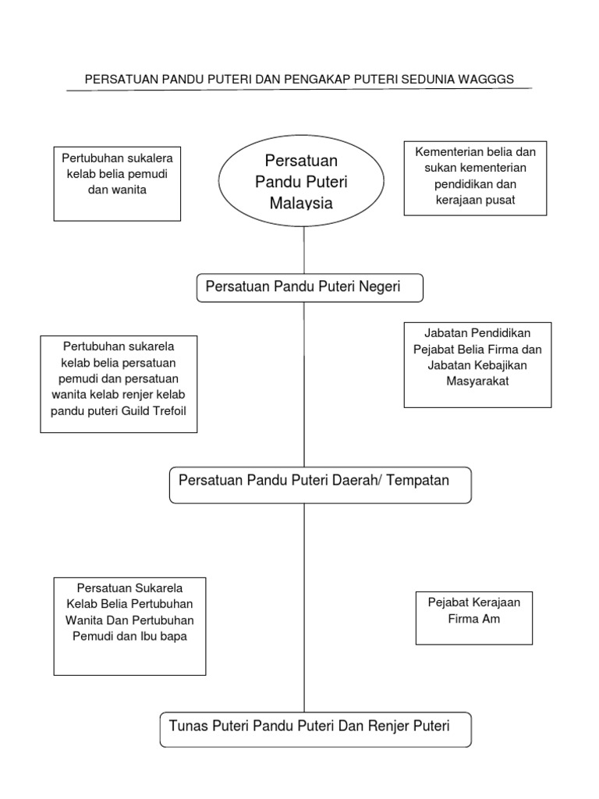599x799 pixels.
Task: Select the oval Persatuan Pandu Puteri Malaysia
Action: coord(301,182)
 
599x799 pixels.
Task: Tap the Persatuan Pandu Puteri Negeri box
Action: coord(309,287)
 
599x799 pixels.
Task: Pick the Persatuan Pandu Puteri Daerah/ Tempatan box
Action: coord(320,485)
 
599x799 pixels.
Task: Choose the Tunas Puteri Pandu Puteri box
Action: coord(315,729)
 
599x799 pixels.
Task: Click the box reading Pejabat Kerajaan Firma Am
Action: coord(474,617)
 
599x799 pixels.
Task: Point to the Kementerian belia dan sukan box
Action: coord(475,178)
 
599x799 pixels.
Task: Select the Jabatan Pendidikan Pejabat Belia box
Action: coord(477,364)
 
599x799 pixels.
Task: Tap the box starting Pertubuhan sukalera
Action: coord(118,183)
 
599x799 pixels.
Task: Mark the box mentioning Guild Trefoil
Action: coord(119,384)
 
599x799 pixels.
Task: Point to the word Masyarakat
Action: coord(477,382)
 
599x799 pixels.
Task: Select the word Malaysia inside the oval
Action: coord(301,203)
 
